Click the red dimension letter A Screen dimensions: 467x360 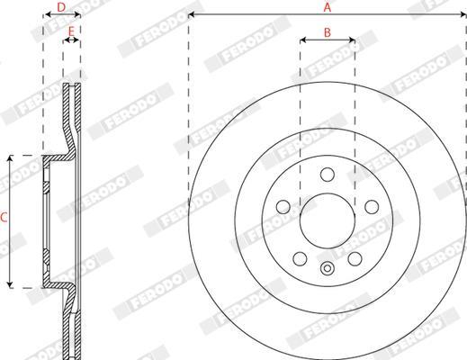[328, 7]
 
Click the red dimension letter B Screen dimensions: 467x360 [328, 32]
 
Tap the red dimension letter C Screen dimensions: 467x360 [4, 218]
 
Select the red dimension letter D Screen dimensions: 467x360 [61, 7]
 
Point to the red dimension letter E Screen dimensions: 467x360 [71, 31]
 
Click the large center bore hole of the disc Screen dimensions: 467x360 [328, 220]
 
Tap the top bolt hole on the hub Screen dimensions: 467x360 [328, 175]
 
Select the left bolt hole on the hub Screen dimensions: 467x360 [283, 207]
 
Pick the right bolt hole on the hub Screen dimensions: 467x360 [372, 207]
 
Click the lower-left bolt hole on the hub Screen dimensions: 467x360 [300, 258]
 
